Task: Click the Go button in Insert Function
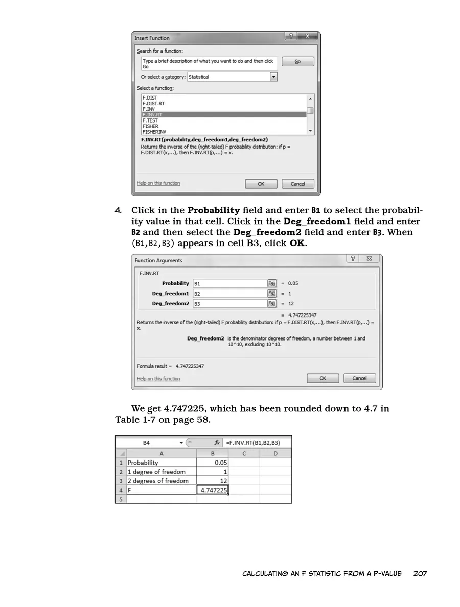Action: (297, 61)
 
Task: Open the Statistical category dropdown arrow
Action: (273, 77)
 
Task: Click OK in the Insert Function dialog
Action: (261, 184)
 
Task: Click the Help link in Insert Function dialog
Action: (158, 183)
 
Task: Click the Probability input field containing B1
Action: (230, 283)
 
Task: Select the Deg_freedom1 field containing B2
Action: (230, 294)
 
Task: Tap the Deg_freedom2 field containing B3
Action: (230, 304)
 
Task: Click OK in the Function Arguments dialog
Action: (323, 378)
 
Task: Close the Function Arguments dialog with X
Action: (369, 259)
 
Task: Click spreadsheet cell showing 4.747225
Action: (213, 490)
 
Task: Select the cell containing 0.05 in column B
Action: (213, 463)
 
